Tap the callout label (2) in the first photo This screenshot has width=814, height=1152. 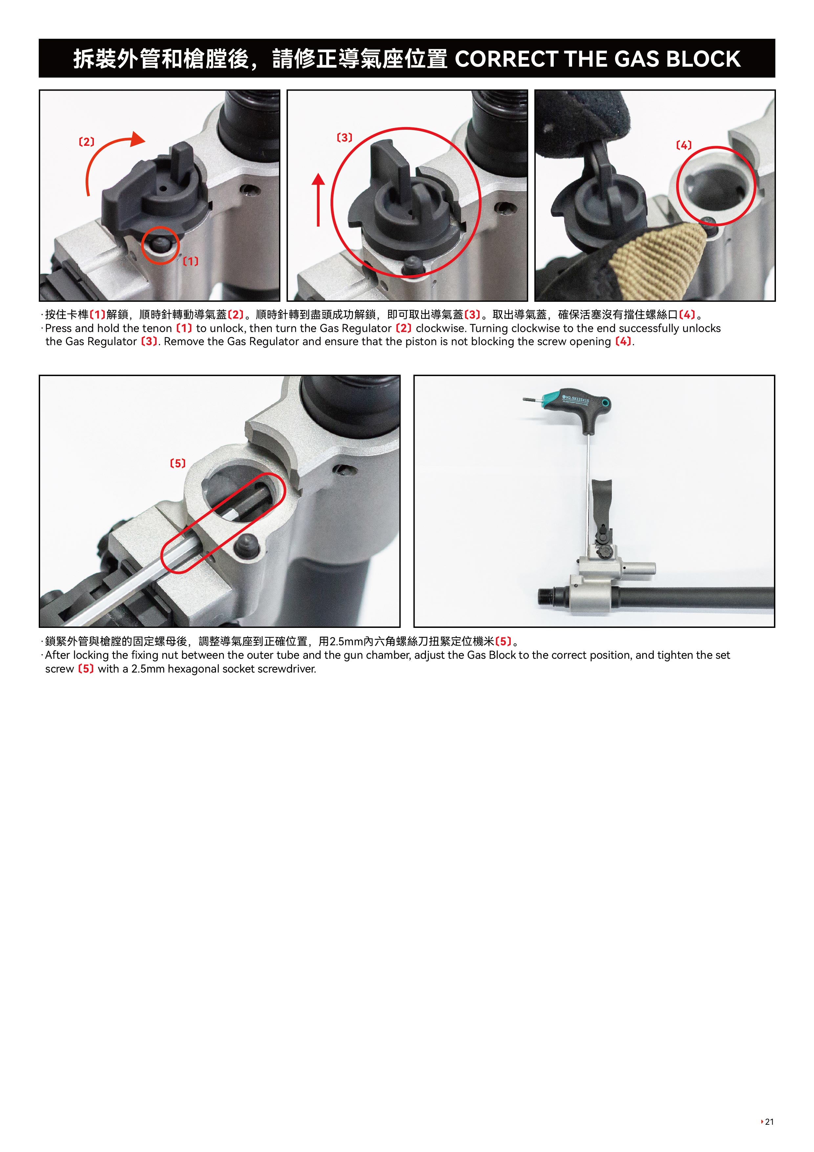87,142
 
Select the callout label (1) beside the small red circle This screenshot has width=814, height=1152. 191,261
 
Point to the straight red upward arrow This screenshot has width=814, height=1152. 318,199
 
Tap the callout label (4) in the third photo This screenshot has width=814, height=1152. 684,145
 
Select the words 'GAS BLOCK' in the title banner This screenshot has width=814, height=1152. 677,59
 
